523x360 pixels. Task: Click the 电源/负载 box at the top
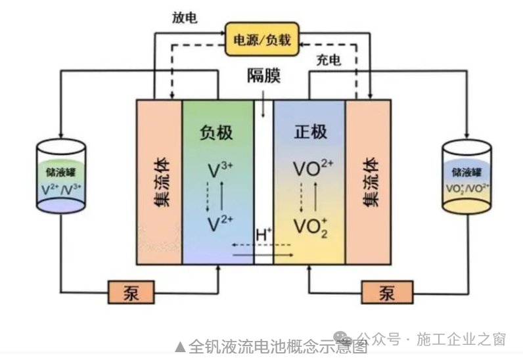click(261, 40)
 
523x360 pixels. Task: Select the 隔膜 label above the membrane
click(263, 76)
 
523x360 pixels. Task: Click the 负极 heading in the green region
click(217, 132)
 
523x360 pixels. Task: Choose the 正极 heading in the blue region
click(309, 132)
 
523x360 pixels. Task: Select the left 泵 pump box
click(130, 292)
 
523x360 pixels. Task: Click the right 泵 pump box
click(387, 292)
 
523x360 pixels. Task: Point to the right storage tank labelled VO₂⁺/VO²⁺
click(467, 177)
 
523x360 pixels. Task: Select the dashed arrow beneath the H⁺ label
click(262, 246)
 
